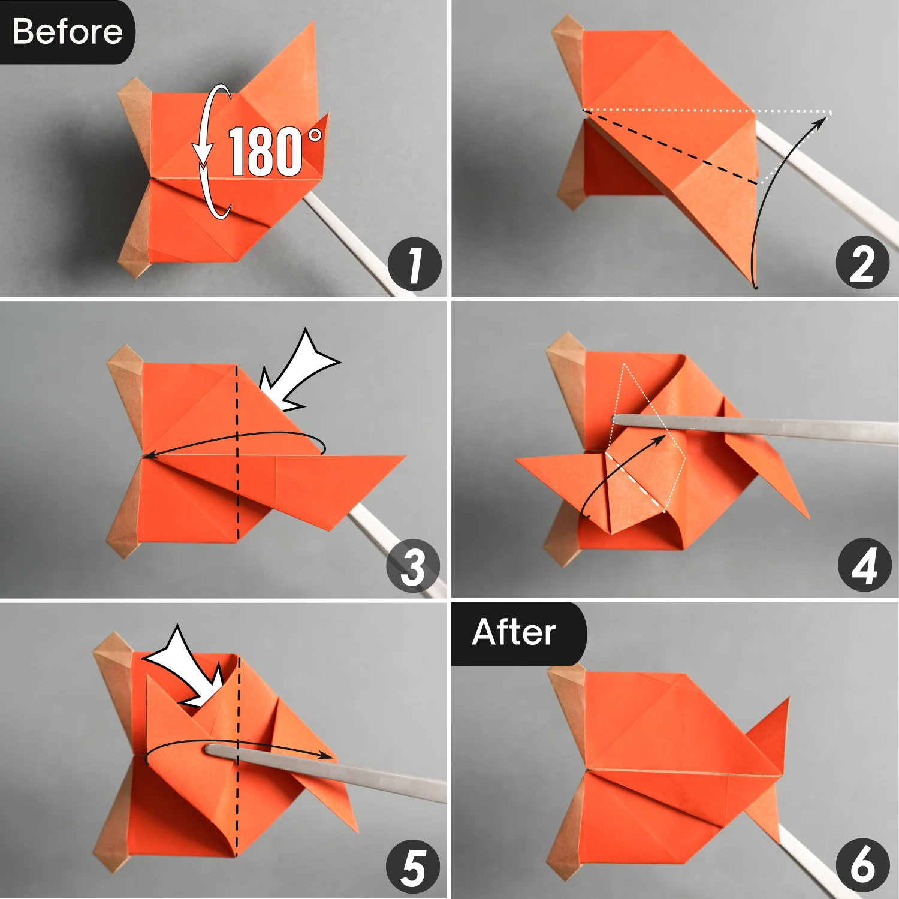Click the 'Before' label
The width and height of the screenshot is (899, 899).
click(x=67, y=31)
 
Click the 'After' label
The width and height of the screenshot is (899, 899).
click(x=514, y=632)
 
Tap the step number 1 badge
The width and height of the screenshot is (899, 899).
click(x=414, y=264)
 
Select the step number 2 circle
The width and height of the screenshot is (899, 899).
click(x=862, y=263)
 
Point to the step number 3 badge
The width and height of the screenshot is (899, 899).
click(x=413, y=566)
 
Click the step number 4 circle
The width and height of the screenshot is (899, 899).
click(x=864, y=565)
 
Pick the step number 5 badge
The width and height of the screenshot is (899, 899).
click(x=413, y=867)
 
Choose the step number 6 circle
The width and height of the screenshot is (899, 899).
click(x=862, y=865)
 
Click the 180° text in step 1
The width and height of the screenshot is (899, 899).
click(x=273, y=152)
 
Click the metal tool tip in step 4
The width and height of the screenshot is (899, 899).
click(x=617, y=420)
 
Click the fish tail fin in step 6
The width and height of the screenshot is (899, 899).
click(x=770, y=737)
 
